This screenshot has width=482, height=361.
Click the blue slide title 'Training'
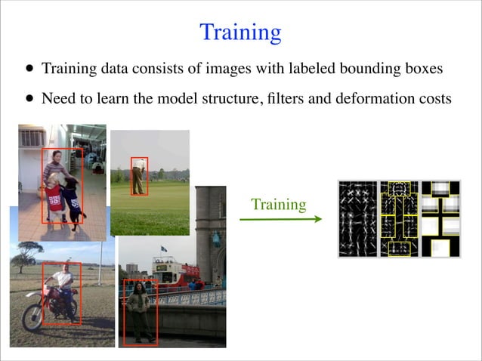pyautogui.click(x=240, y=32)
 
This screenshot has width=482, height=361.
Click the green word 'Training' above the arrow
pyautogui.click(x=278, y=205)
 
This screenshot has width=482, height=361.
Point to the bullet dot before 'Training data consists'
pyautogui.click(x=29, y=69)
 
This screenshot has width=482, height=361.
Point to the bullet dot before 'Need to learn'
pyautogui.click(x=29, y=98)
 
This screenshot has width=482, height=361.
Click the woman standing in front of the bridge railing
pyautogui.click(x=138, y=310)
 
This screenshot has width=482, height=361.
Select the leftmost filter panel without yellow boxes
pyautogui.click(x=358, y=219)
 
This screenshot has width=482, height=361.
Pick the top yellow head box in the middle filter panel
pyautogui.click(x=398, y=189)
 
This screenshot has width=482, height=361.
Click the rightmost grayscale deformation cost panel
pyautogui.click(x=441, y=219)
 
